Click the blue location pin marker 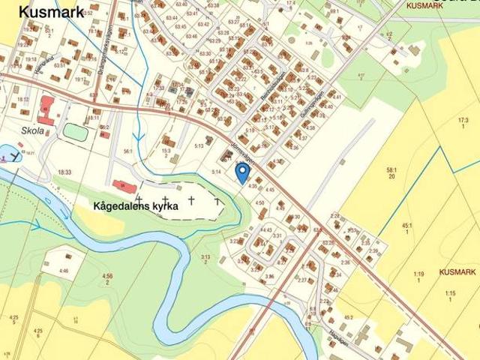pyautogui.click(x=241, y=172)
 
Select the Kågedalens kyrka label pyautogui.click(x=136, y=205)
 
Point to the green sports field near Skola pyautogui.click(x=75, y=131)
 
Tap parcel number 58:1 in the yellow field pyautogui.click(x=391, y=171)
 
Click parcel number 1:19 pyautogui.click(x=418, y=274)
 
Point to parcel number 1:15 pyautogui.click(x=450, y=293)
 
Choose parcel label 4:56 pyautogui.click(x=107, y=277)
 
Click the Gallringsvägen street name pyautogui.click(x=309, y=108)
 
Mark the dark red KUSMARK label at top pyautogui.click(x=424, y=5)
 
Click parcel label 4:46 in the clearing pyautogui.click(x=63, y=271)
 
